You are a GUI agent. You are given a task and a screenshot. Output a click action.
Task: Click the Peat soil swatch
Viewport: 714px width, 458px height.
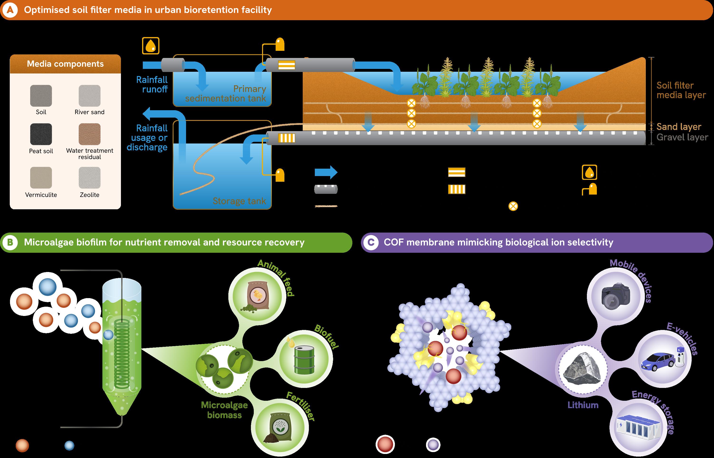pyautogui.click(x=41, y=134)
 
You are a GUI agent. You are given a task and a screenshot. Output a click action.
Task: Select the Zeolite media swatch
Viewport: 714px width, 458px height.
pyautogui.click(x=90, y=177)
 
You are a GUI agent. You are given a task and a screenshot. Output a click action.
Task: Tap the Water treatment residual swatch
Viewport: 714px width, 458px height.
pyautogui.click(x=90, y=134)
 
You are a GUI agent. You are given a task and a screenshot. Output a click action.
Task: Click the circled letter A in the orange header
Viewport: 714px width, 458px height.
pyautogui.click(x=10, y=10)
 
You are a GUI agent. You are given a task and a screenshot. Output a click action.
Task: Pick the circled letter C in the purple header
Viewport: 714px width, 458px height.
pyautogui.click(x=371, y=242)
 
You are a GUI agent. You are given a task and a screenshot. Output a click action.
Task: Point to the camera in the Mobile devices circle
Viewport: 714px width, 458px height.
pyautogui.click(x=616, y=296)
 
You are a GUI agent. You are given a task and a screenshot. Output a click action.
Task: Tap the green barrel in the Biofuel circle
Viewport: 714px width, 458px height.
pyautogui.click(x=304, y=360)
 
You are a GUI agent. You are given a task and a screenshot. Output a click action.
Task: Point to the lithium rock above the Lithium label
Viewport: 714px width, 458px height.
pyautogui.click(x=582, y=369)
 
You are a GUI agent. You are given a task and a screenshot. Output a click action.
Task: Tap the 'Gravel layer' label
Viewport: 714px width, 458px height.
pyautogui.click(x=682, y=137)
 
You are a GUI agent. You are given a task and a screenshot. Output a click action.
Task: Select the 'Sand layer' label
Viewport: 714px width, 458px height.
pyautogui.click(x=679, y=127)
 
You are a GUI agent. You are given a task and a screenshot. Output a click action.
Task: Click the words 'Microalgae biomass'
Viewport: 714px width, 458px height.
pyautogui.click(x=224, y=410)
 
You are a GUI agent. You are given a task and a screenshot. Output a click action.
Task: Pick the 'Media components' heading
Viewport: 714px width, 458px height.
pyautogui.click(x=65, y=64)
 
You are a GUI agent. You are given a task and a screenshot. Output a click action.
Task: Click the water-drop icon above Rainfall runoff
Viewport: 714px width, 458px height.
pyautogui.click(x=151, y=46)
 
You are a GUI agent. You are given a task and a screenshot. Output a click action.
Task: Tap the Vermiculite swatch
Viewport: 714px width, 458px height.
pyautogui.click(x=41, y=177)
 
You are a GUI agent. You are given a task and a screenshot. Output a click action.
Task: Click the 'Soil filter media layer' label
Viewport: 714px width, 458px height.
pyautogui.click(x=681, y=90)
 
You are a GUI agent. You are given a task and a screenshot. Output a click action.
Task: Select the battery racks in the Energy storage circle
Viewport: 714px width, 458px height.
pyautogui.click(x=639, y=428)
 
